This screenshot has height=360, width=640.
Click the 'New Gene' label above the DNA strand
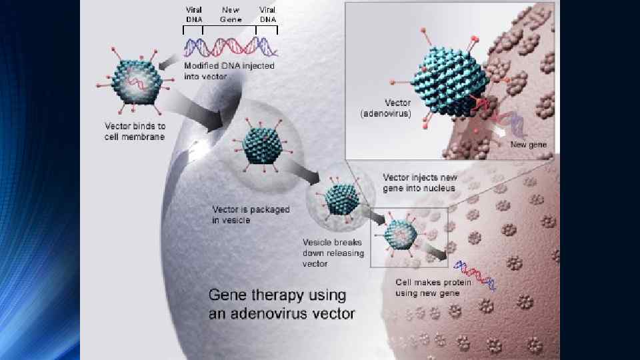click(231, 15)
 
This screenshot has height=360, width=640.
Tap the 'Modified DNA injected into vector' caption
click(229, 71)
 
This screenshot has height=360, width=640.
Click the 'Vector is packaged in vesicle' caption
click(251, 215)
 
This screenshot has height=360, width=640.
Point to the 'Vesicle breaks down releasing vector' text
click(335, 253)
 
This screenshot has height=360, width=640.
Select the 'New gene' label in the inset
click(529, 145)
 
